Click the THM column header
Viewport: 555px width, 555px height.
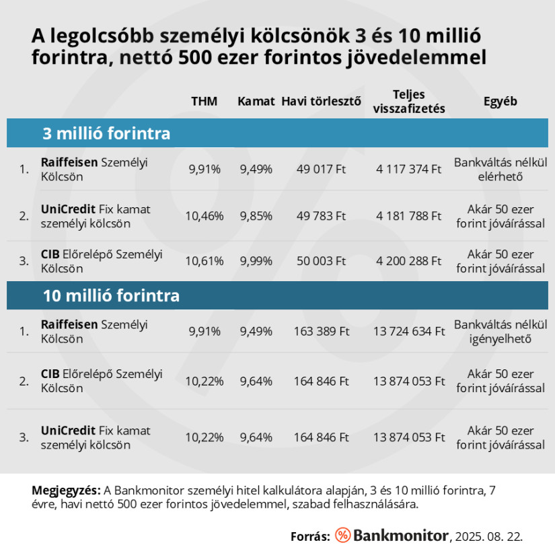(204, 102)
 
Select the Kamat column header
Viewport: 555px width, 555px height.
(256, 102)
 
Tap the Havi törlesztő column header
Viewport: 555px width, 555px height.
(321, 102)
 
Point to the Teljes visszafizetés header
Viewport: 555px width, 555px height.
(408, 102)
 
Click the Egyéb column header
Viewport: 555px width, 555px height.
(500, 102)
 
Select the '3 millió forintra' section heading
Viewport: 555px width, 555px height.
(106, 133)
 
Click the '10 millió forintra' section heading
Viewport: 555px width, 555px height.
(111, 295)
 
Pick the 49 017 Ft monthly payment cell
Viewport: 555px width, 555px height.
(321, 170)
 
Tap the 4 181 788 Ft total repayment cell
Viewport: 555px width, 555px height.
(408, 217)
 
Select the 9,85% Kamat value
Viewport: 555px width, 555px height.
(256, 217)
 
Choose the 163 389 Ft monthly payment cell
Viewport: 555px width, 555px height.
(321, 332)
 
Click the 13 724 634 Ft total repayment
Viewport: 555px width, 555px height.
(408, 332)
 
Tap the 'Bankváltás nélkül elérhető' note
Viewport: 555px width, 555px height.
(500, 170)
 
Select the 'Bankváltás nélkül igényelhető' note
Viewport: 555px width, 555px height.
(500, 332)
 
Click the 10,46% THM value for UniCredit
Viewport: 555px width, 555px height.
(204, 217)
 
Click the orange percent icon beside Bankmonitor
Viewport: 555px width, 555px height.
(342, 535)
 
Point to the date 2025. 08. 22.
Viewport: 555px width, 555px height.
(488, 536)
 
